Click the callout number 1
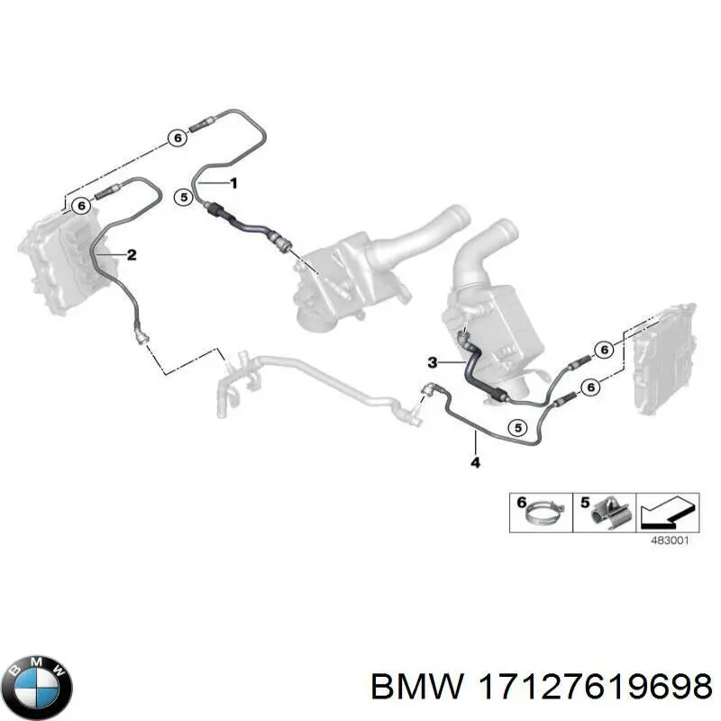point(233,184)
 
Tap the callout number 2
point(132,254)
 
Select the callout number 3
point(433,363)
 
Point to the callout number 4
point(476,462)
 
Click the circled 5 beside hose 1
point(184,197)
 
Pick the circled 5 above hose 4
point(518,428)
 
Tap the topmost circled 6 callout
point(178,138)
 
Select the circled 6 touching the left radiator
point(81,205)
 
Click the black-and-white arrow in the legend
point(667,512)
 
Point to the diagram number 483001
point(670,540)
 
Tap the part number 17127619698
point(595,688)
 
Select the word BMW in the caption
point(417,688)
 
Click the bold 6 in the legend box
point(522,502)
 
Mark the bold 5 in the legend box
point(585,502)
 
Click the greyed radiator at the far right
point(665,359)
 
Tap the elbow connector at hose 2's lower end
point(141,333)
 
